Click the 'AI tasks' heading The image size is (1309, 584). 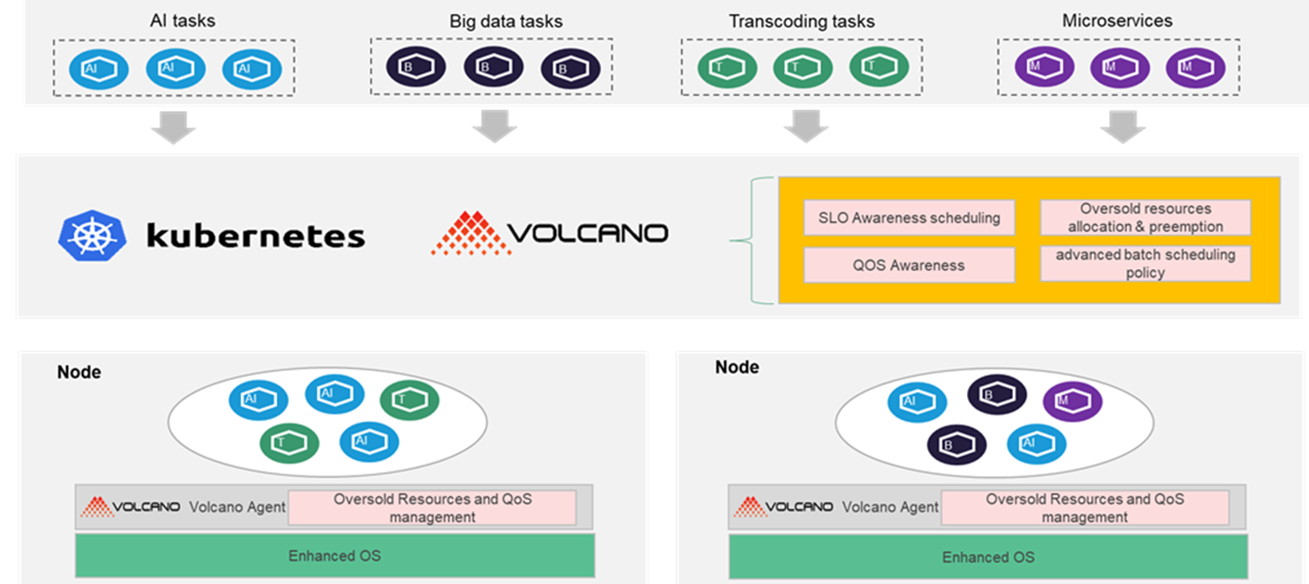[x=182, y=21]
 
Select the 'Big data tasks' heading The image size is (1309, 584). [x=505, y=22]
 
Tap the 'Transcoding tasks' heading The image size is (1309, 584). [x=801, y=22]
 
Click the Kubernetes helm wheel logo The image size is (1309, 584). [x=92, y=235]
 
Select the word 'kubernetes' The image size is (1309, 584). [x=256, y=235]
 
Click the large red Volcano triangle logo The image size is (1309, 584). [x=471, y=234]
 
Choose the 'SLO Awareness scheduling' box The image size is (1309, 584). [x=909, y=218]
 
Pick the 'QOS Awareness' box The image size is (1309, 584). [x=909, y=265]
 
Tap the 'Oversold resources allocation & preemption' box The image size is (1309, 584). [x=1145, y=218]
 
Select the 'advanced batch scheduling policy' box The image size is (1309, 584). [x=1145, y=263]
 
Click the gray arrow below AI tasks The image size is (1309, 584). [x=173, y=127]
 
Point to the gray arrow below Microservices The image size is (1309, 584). [x=1123, y=127]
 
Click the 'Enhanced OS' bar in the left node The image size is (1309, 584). [x=335, y=555]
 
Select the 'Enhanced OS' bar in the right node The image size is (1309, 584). [x=988, y=557]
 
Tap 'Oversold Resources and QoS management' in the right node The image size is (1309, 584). [x=1084, y=508]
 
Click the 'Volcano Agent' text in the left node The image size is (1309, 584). [x=237, y=507]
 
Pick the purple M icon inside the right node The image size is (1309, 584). [x=1072, y=401]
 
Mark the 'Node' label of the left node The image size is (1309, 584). [x=79, y=372]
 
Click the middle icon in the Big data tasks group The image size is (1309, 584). [x=493, y=66]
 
